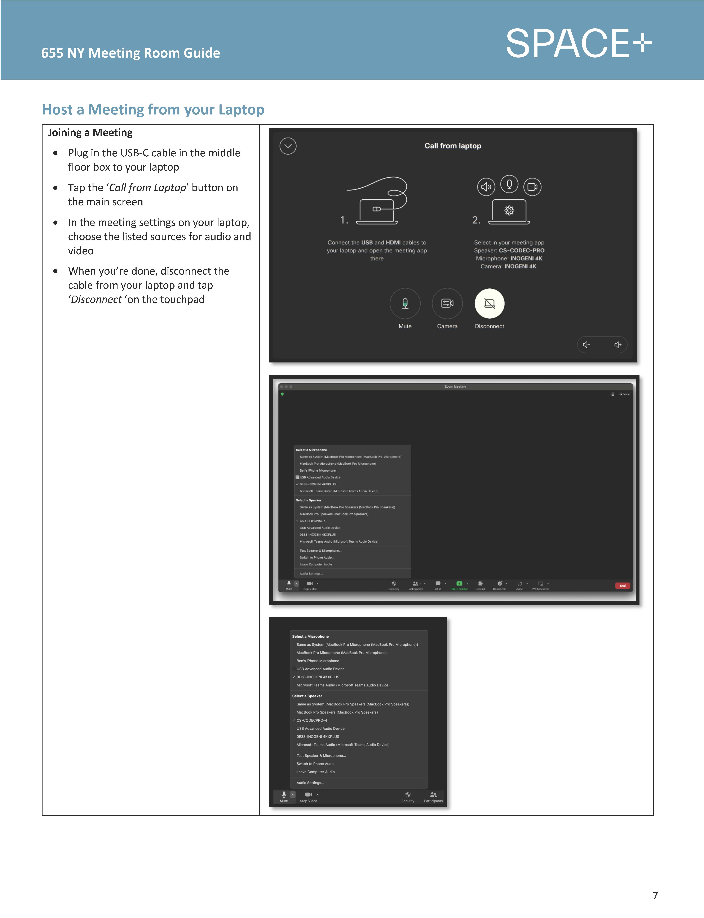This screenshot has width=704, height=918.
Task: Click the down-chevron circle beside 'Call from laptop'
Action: pyautogui.click(x=288, y=146)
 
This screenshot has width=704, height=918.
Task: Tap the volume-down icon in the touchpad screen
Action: pyautogui.click(x=586, y=345)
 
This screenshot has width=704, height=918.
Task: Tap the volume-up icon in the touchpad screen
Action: pyautogui.click(x=618, y=345)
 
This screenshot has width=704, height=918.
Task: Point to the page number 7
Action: pyautogui.click(x=655, y=896)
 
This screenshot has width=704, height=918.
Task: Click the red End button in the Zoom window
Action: pyautogui.click(x=622, y=586)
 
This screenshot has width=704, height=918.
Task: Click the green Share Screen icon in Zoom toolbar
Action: pyautogui.click(x=459, y=583)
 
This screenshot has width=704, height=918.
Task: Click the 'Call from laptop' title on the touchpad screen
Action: pyautogui.click(x=453, y=146)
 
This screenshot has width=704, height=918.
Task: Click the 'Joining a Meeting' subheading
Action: pyautogui.click(x=90, y=133)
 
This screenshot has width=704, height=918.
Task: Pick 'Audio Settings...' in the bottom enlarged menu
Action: pyautogui.click(x=310, y=783)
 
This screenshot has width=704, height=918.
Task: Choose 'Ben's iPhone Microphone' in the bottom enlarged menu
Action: pyautogui.click(x=318, y=661)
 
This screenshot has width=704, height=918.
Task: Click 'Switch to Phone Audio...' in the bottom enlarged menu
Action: pyautogui.click(x=317, y=764)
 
